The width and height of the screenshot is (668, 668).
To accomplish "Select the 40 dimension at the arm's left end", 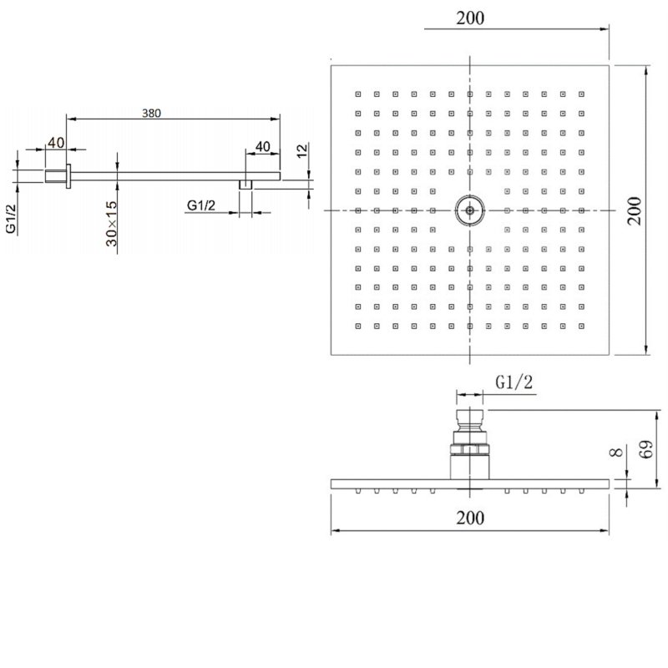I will pyautogui.click(x=56, y=143).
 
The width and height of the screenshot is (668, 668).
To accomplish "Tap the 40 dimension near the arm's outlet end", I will pyautogui.click(x=262, y=147).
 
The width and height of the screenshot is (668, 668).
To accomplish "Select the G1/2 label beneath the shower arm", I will pyautogui.click(x=204, y=205).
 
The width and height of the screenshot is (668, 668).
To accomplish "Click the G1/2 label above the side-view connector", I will pyautogui.click(x=514, y=382).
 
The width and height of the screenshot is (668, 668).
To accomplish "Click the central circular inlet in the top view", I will pyautogui.click(x=469, y=210).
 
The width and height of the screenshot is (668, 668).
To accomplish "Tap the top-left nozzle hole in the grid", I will pyautogui.click(x=357, y=94).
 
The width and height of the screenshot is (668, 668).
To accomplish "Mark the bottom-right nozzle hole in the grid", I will pyautogui.click(x=581, y=324).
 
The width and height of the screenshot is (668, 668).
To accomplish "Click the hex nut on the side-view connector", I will pyautogui.click(x=469, y=453).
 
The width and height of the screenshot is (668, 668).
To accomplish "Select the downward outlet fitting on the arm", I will pyautogui.click(x=246, y=184).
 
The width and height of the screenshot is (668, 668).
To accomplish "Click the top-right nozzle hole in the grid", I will pyautogui.click(x=581, y=94).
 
